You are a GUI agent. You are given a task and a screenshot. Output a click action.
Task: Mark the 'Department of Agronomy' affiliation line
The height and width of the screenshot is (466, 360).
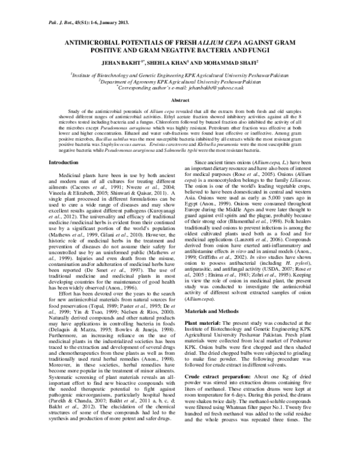[180, 80]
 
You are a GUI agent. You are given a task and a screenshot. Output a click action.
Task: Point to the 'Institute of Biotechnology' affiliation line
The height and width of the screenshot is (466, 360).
[180, 74]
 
